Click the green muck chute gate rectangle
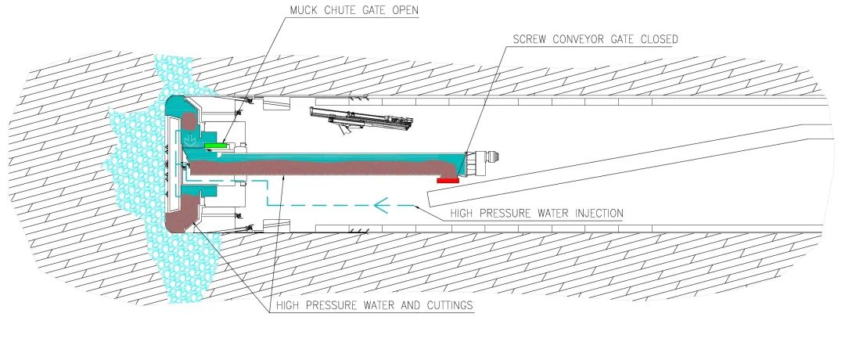click(x=215, y=145)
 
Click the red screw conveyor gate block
click(x=448, y=181)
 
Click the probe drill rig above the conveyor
click(x=361, y=121)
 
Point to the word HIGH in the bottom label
click(x=288, y=305)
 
